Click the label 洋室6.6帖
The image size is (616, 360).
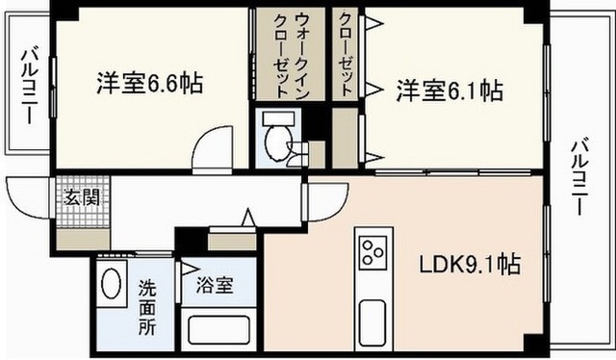[148, 84]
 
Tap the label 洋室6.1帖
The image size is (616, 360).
[449, 91]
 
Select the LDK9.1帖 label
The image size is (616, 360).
[470, 263]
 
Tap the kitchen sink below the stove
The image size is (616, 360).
[371, 319]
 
